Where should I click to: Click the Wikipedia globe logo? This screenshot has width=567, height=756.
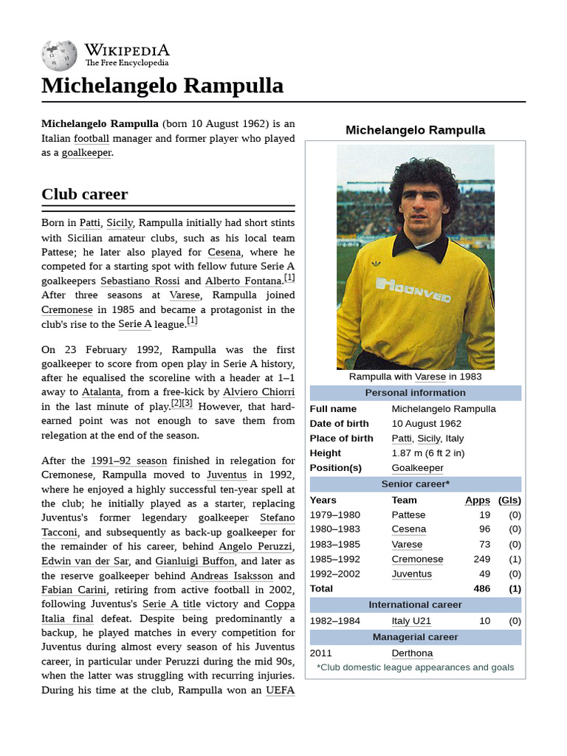point(60,56)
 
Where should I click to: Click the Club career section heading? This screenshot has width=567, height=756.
point(84,194)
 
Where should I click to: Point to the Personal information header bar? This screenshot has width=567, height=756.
point(415,393)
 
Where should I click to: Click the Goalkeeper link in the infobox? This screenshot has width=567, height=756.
point(417,468)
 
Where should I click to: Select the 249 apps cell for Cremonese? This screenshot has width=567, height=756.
point(481,559)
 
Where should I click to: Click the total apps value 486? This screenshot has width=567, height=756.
point(481,588)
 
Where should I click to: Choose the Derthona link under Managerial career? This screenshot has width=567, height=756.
point(412,653)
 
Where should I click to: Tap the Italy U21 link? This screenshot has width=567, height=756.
point(411,621)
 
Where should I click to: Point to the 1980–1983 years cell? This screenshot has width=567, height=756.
point(334,529)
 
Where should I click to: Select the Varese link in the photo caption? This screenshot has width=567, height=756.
point(430,377)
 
